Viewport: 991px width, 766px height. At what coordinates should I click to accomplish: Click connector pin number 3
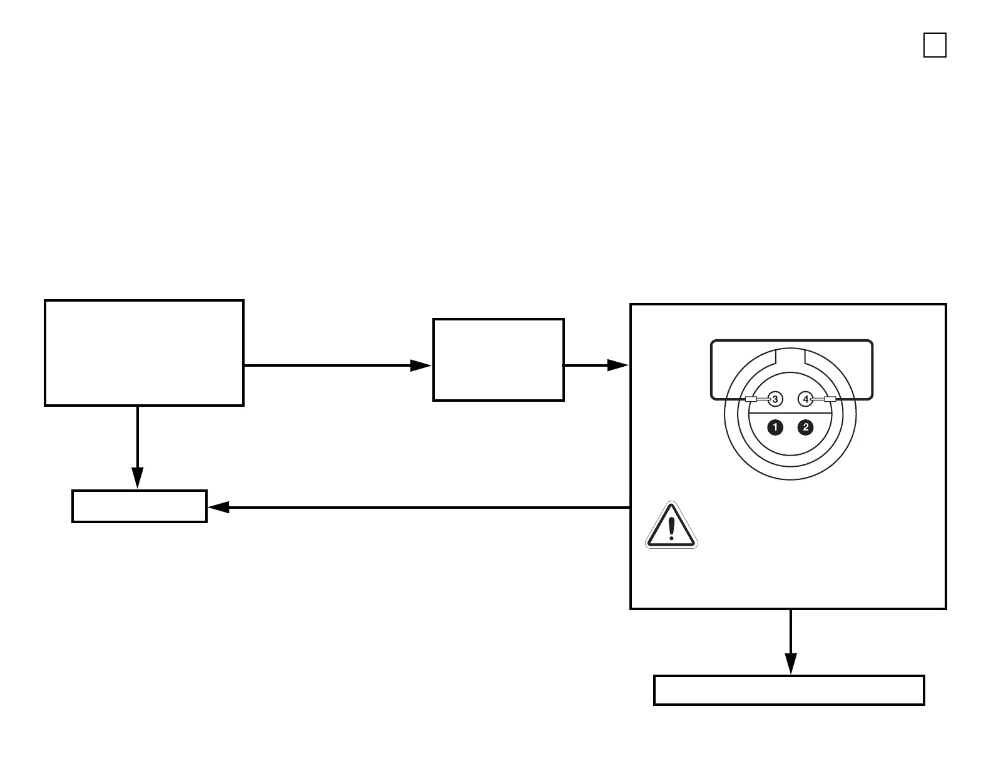pos(775,399)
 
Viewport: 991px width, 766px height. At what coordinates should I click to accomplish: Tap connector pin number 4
pos(806,399)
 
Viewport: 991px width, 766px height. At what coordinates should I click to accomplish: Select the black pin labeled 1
pos(775,427)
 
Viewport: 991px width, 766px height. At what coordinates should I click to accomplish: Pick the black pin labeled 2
pos(806,427)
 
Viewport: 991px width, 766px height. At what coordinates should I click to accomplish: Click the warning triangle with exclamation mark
pos(671,526)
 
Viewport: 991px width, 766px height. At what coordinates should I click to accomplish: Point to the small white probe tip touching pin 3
pos(751,399)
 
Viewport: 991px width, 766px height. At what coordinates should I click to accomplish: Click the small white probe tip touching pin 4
pos(830,399)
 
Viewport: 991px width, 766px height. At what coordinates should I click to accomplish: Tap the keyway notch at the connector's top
pos(790,356)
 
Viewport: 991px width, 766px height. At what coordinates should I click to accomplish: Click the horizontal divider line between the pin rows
pos(790,414)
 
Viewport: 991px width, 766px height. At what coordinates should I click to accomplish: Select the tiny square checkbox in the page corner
pos(935,46)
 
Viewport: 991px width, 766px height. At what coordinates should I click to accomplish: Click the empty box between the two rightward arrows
pos(499,360)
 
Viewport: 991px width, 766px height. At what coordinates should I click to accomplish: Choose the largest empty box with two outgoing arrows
pos(144,353)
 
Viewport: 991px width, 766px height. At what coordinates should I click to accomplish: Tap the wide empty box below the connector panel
pos(789,690)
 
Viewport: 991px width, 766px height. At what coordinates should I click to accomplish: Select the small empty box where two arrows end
pos(140,506)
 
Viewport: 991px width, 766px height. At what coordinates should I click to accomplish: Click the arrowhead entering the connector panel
pos(618,365)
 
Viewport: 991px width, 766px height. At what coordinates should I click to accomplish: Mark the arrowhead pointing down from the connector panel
pos(791,663)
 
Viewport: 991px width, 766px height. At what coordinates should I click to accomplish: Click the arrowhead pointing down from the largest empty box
pos(137,477)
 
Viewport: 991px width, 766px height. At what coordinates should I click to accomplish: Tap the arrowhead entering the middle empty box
pos(420,365)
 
